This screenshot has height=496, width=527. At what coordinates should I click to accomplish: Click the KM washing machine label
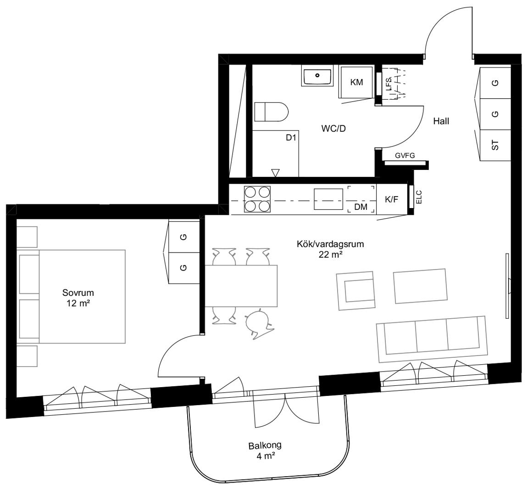pyautogui.click(x=356, y=82)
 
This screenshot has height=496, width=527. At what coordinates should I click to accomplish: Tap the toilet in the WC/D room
pyautogui.click(x=272, y=112)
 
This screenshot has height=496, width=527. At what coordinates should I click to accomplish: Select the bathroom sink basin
pyautogui.click(x=317, y=76)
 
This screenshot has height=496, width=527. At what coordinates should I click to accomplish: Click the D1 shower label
pyautogui.click(x=291, y=137)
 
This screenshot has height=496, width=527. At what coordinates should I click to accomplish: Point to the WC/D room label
pyautogui.click(x=333, y=129)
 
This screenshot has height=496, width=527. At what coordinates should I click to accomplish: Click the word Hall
pyautogui.click(x=441, y=121)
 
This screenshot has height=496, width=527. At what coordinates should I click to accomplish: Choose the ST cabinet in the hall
pyautogui.click(x=495, y=145)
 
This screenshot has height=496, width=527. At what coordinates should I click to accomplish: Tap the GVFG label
pyautogui.click(x=405, y=156)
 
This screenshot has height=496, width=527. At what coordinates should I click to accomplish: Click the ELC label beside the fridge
pyautogui.click(x=419, y=197)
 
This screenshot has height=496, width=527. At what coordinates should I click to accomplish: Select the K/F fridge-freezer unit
pyautogui.click(x=392, y=199)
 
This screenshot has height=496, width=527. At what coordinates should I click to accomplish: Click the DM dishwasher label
pyautogui.click(x=361, y=207)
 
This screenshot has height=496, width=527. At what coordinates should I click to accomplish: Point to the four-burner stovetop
pyautogui.click(x=257, y=199)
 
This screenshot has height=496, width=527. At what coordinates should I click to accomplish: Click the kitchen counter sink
pyautogui.click(x=328, y=199)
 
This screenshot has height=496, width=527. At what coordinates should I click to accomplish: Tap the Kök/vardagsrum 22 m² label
pyautogui.click(x=330, y=249)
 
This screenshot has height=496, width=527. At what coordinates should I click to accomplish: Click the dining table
pyautogui.click(x=241, y=286)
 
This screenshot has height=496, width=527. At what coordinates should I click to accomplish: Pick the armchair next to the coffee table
pyautogui.click(x=356, y=291)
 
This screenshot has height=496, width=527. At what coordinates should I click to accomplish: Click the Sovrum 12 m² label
pyautogui.click(x=78, y=298)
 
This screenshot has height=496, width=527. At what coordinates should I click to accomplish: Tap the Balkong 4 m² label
pyautogui.click(x=265, y=451)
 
